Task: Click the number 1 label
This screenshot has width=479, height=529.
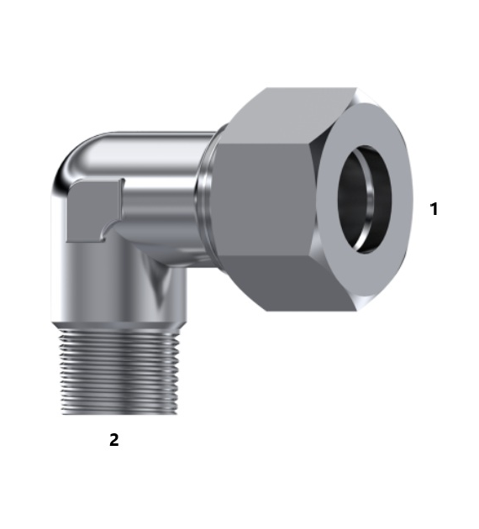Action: click(434, 209)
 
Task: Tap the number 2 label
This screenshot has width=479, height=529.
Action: click(114, 439)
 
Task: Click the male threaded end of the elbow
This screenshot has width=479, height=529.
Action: click(119, 369)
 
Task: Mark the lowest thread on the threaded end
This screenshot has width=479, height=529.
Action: click(119, 410)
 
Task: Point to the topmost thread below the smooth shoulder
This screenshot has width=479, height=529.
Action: click(119, 329)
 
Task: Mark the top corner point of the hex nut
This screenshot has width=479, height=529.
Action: click(266, 89)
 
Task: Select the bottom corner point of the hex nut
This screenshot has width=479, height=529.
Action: click(267, 311)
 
